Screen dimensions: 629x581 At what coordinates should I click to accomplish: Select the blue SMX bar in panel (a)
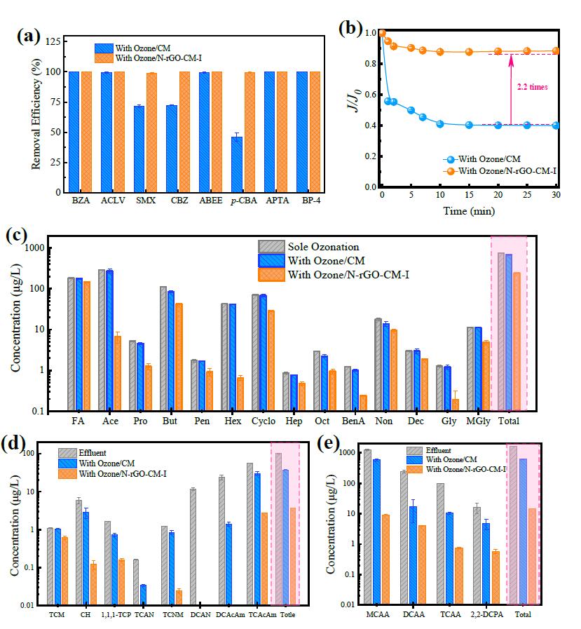pos(139,149)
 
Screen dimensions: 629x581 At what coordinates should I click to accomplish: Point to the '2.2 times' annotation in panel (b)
pos(530,87)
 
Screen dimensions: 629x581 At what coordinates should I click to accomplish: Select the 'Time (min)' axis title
pos(468,211)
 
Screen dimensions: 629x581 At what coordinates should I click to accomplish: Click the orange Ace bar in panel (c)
pos(118,373)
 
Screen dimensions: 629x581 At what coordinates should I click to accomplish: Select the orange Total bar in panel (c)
pos(517,341)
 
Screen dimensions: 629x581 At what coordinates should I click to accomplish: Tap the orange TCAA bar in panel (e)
pos(458,576)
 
